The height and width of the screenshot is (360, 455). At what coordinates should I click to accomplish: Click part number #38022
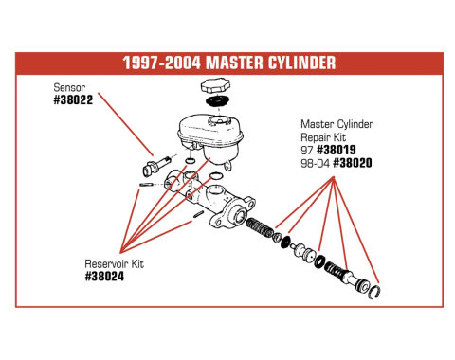pos(74,99)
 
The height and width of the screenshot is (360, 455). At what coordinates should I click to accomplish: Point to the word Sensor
pos(68,86)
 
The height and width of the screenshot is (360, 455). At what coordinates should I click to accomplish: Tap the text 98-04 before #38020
pos(315,163)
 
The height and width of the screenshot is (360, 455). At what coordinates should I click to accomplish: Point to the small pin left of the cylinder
pos(146,185)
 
